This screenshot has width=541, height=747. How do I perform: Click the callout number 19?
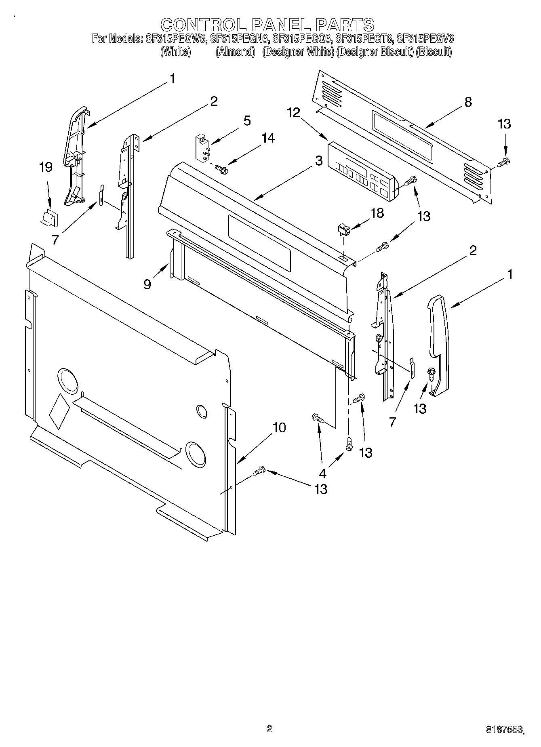point(46,167)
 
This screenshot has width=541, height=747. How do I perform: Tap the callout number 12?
point(293,113)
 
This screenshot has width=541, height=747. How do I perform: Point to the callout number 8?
point(468,102)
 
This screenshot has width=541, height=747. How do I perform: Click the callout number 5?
point(247,120)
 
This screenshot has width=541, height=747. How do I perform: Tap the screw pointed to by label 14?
point(222,168)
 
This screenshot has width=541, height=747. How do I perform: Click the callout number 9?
point(147,284)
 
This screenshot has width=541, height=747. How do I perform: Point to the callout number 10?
point(279,427)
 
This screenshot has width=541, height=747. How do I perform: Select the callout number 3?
point(319,161)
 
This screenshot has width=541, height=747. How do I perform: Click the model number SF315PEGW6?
point(176,39)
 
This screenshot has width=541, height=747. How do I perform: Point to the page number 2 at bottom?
point(270,728)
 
